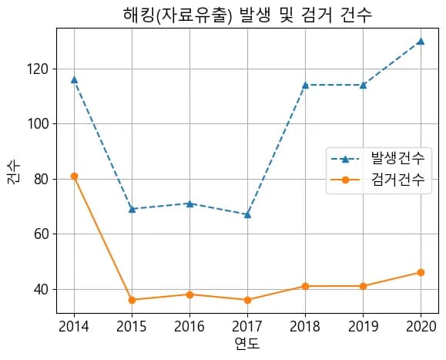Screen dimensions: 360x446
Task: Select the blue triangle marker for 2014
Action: tap(74, 79)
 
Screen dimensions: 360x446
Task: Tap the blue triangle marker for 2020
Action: tap(421, 41)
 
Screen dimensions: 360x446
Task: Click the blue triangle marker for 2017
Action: tap(247, 214)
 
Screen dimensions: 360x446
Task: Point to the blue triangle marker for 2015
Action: tap(132, 209)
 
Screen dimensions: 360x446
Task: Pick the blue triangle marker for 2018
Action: tap(305, 85)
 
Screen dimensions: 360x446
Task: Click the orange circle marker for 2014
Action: tap(74, 176)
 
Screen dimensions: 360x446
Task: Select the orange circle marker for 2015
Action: tap(132, 300)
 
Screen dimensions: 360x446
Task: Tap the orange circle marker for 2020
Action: tap(421, 272)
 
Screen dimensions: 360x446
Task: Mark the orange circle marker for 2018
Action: tap(305, 286)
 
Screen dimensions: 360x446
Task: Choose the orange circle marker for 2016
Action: tap(189, 294)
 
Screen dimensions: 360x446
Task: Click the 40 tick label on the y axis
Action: tap(41, 289)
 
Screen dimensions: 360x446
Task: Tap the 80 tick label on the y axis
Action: tap(41, 179)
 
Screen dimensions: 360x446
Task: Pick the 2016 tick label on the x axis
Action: tap(189, 325)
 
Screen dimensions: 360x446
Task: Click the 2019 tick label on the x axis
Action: tap(363, 325)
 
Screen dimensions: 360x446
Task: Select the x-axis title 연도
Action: tap(247, 344)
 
